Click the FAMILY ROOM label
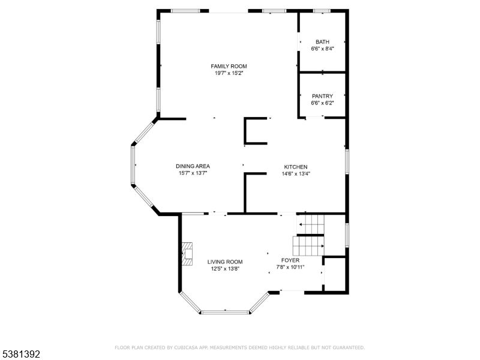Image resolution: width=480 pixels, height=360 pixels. click(229, 66)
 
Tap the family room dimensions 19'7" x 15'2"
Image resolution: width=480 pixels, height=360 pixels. click(229, 73)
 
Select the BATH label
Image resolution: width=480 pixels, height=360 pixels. click(322, 42)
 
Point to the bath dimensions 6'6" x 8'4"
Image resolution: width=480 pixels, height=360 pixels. click(322, 49)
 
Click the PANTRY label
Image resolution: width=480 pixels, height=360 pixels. click(322, 96)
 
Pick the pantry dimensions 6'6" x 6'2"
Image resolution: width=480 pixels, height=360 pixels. click(322, 103)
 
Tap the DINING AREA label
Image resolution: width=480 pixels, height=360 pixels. click(193, 166)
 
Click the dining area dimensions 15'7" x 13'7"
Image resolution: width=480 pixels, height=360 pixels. click(193, 173)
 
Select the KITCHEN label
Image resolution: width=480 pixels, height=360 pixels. click(296, 167)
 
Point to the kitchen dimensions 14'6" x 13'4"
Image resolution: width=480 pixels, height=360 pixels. click(296, 174)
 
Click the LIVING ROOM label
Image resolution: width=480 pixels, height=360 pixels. click(225, 262)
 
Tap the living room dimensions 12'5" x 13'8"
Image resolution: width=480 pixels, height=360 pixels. click(225, 269)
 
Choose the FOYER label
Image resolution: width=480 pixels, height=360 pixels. click(290, 260)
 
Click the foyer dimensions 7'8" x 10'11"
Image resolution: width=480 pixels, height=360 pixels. click(290, 267)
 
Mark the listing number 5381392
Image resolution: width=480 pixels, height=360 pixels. click(21, 355)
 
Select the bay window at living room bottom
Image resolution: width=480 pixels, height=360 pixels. click(225, 311)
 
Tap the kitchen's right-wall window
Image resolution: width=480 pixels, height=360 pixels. click(346, 162)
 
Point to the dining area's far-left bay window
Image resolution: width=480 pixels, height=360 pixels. click(133, 164)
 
